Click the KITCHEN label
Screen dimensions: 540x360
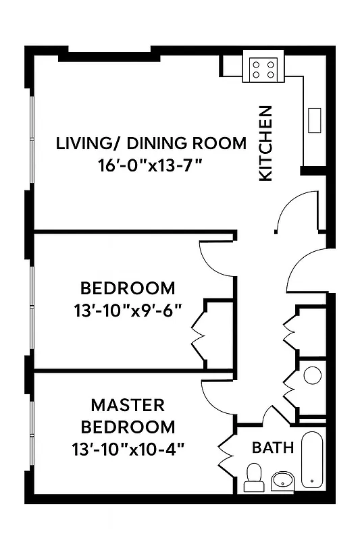point(266,142)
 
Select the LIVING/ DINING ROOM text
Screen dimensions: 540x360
point(151,143)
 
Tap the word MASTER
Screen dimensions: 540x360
point(128,405)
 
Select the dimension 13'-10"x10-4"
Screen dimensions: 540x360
point(128,448)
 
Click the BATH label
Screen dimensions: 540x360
point(273,447)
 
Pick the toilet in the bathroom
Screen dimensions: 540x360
point(254,477)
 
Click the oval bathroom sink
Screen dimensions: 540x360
point(283,481)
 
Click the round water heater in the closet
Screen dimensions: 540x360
point(313,375)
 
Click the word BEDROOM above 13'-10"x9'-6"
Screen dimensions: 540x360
point(128,289)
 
